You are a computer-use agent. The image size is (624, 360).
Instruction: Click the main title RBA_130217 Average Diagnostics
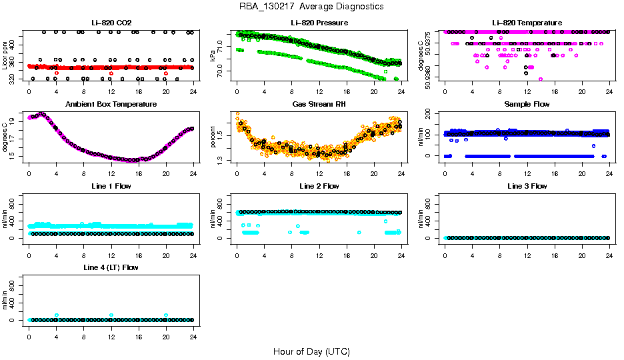312,7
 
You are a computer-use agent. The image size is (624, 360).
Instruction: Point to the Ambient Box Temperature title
111,105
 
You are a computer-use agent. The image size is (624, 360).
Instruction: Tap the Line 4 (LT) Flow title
111,267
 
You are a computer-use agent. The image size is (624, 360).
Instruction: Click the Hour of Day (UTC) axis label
311,351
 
